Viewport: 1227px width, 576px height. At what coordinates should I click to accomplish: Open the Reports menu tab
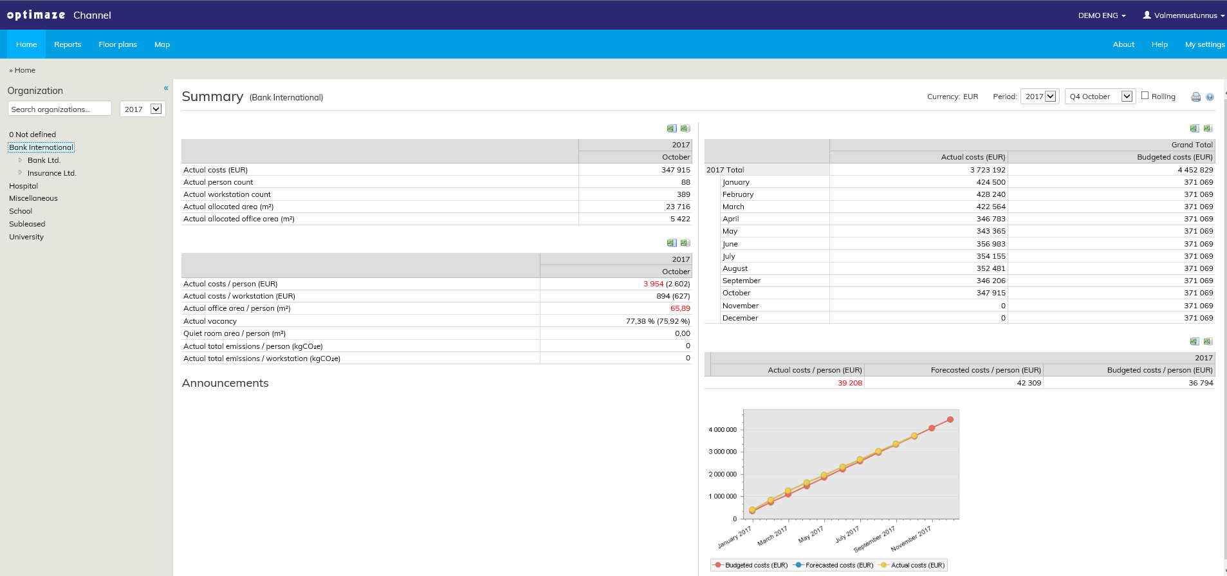tap(68, 44)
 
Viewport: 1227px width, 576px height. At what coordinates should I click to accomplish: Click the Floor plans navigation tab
tap(118, 44)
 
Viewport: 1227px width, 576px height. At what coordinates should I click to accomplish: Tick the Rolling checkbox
tap(1145, 96)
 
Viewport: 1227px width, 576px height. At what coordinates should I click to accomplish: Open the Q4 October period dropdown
tap(1099, 97)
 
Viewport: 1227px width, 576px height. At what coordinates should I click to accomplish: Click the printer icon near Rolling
tap(1195, 97)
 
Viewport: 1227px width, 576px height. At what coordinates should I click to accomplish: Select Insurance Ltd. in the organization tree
tap(51, 173)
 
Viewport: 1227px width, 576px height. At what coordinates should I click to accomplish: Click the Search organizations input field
tap(60, 109)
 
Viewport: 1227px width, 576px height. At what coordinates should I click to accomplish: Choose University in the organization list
tap(26, 237)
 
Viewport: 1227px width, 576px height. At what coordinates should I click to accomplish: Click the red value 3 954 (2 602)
tap(666, 284)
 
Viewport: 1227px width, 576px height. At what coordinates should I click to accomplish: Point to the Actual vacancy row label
tap(210, 321)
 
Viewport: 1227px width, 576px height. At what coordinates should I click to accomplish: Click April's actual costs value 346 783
tap(990, 219)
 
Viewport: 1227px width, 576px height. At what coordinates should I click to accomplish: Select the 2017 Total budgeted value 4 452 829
tap(1195, 170)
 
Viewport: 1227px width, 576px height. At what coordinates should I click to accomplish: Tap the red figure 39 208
tap(849, 383)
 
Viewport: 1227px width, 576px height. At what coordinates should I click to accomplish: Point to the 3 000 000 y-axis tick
tap(723, 452)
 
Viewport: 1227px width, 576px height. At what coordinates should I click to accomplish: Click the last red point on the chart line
tap(950, 420)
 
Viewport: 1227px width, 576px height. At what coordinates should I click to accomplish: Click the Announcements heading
tap(225, 383)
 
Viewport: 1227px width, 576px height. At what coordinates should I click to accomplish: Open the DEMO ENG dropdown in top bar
tap(1102, 15)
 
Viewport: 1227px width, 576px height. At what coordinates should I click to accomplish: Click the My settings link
tap(1204, 44)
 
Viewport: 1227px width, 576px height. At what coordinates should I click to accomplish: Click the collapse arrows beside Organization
tap(166, 88)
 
